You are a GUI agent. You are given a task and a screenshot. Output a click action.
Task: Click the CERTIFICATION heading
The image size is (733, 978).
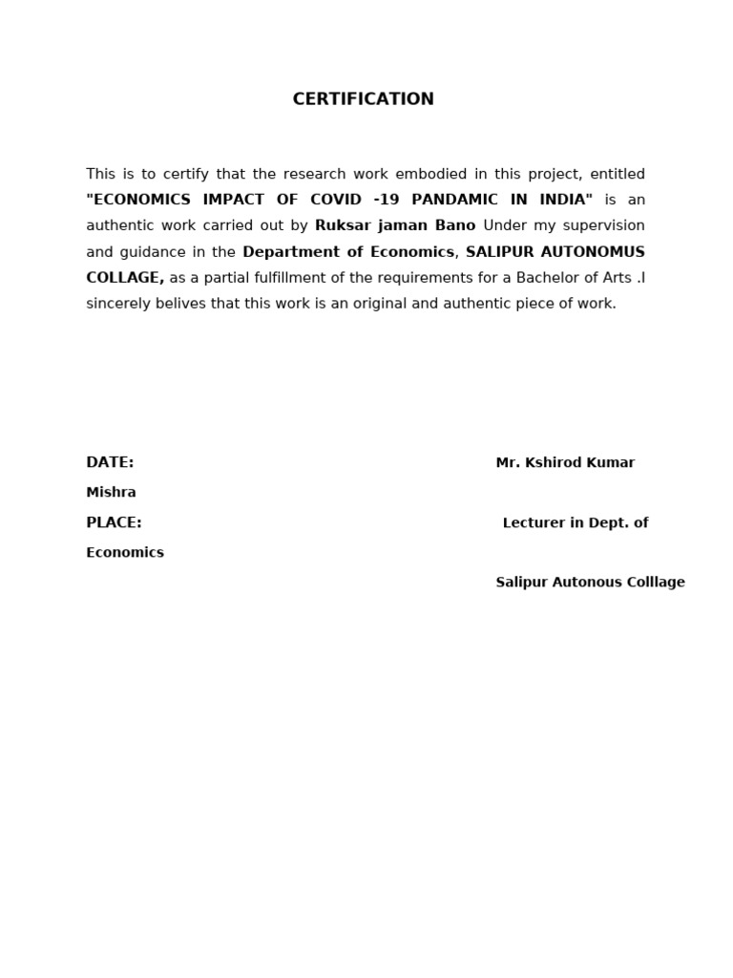click(x=363, y=99)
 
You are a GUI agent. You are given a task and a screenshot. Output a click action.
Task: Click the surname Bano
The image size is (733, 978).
click(x=453, y=226)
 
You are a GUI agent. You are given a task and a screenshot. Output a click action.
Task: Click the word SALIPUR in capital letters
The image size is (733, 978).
click(x=501, y=252)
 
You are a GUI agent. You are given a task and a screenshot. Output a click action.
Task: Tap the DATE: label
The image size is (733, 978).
click(x=110, y=462)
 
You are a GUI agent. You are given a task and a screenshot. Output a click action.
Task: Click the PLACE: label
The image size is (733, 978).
click(x=114, y=522)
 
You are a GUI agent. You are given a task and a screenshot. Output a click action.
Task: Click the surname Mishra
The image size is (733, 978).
click(x=111, y=493)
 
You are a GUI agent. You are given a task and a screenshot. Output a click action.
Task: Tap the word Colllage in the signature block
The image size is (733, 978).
click(x=657, y=583)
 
